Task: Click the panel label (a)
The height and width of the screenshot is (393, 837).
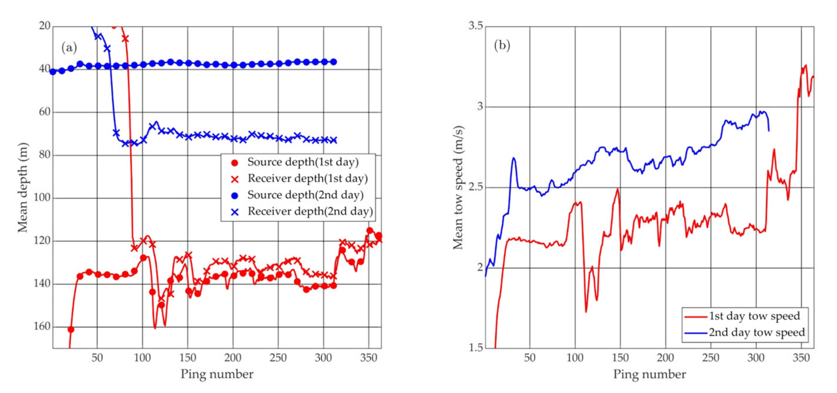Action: (x=69, y=48)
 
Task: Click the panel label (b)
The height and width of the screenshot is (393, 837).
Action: (x=502, y=45)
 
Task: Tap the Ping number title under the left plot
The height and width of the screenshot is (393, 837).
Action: (x=217, y=374)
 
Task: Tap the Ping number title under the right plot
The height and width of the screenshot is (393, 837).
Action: (x=649, y=374)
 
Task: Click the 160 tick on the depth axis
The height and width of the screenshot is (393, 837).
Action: (x=42, y=326)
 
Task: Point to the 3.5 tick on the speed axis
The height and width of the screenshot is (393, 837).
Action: (x=476, y=26)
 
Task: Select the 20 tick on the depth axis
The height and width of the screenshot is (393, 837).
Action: (x=45, y=26)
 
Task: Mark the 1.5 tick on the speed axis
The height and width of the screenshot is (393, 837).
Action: (x=476, y=347)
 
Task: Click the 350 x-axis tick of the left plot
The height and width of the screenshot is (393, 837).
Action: (x=368, y=358)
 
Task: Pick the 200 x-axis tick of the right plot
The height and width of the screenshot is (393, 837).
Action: (x=665, y=358)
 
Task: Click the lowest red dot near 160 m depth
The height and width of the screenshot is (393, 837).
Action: (x=71, y=330)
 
